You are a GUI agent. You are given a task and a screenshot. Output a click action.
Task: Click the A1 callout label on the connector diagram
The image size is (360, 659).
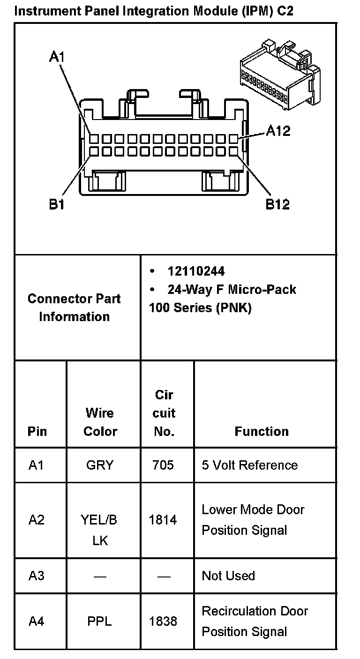point(57,57)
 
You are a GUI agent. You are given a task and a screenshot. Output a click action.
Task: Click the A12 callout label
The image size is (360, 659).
point(278,131)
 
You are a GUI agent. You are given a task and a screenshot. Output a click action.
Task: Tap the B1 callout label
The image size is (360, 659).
point(57,205)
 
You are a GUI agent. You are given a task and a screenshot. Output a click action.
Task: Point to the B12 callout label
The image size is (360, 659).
point(277,204)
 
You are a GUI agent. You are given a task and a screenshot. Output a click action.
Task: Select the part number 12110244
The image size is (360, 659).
point(196,271)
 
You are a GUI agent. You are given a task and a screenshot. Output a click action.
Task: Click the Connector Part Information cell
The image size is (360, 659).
point(74,307)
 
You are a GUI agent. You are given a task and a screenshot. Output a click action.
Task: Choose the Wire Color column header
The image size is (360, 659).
point(100,422)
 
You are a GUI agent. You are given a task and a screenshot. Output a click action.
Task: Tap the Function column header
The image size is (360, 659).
point(262,431)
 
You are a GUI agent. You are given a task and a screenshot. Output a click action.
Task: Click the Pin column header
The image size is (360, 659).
point(37,431)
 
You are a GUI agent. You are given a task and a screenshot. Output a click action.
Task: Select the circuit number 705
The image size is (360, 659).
point(163,465)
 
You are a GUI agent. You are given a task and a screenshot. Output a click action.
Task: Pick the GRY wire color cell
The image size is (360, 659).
point(100,465)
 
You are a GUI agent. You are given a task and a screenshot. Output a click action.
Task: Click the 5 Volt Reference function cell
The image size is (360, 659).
point(249,465)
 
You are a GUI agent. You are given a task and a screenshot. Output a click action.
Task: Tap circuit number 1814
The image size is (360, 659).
point(163,520)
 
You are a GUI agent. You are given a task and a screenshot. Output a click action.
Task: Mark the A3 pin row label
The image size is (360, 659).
point(37,575)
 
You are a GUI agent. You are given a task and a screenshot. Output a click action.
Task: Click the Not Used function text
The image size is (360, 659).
point(228,575)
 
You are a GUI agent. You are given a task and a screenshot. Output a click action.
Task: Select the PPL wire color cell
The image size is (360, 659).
point(100,622)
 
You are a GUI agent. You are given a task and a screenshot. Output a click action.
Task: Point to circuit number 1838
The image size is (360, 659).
point(163,622)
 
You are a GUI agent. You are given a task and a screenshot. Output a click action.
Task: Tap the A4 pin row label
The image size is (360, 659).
point(37,622)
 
